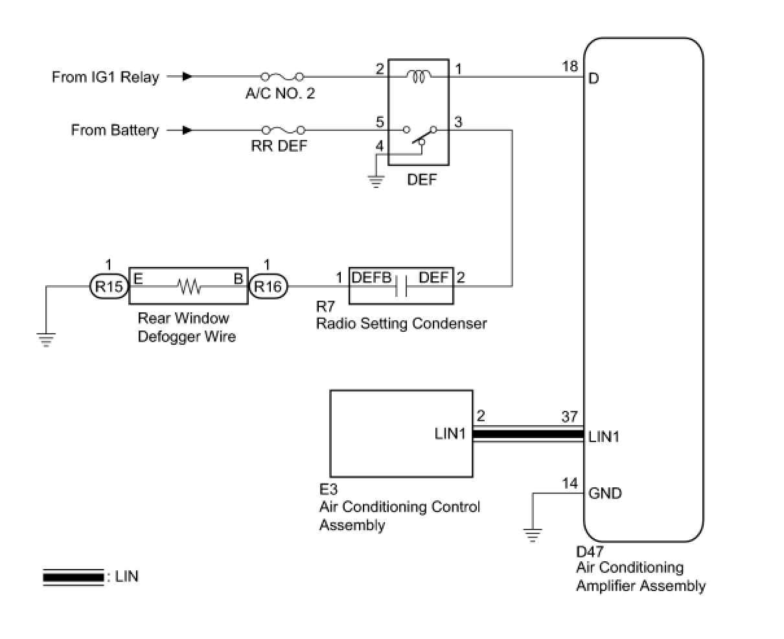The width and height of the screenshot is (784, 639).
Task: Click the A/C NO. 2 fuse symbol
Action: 282,76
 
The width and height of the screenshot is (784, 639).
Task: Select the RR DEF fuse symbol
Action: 282,130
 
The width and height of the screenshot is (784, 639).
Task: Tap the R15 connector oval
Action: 108,286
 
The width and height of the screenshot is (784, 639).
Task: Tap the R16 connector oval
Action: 268,286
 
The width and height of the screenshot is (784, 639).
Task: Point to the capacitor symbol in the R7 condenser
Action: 401,286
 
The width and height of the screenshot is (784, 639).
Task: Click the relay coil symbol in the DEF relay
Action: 419,76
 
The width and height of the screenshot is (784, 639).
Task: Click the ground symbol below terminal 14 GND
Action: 533,535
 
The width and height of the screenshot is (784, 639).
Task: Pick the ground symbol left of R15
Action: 45,339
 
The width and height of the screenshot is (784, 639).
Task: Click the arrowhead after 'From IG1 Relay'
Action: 187,76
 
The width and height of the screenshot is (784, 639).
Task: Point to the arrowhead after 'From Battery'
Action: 187,130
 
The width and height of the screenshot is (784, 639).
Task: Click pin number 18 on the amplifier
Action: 570,66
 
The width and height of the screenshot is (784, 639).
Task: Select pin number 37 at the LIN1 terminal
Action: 570,417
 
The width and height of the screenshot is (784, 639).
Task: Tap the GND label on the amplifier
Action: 605,494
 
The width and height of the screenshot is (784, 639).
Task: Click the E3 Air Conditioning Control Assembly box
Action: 401,433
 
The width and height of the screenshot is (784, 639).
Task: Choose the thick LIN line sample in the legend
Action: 73,576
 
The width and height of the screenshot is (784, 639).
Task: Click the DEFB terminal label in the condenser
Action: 371,277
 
